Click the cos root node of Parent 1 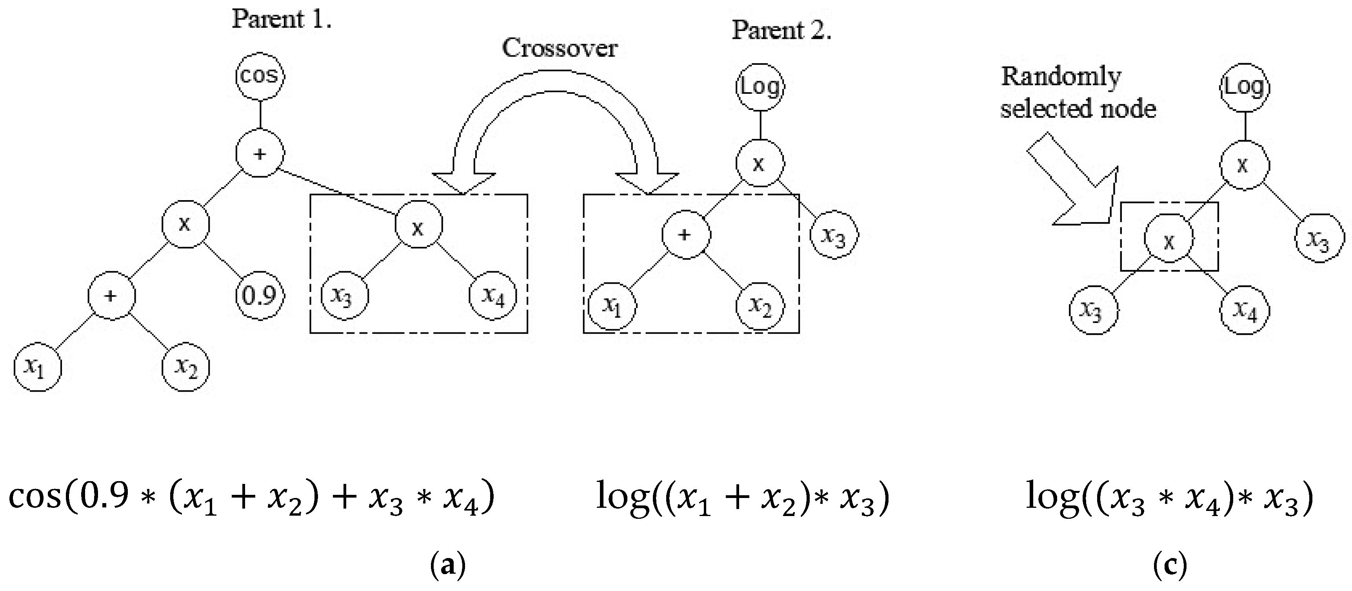pyautogui.click(x=260, y=76)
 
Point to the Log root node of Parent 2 pyautogui.click(x=760, y=87)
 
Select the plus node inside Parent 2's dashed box pyautogui.click(x=686, y=235)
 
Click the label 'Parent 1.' pyautogui.click(x=282, y=20)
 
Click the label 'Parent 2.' pyautogui.click(x=782, y=31)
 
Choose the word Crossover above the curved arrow pyautogui.click(x=560, y=48)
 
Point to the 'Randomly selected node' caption pyautogui.click(x=1078, y=93)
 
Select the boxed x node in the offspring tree pyautogui.click(x=1169, y=239)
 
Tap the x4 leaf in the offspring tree pyautogui.click(x=1245, y=310)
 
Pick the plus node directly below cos pyautogui.click(x=260, y=154)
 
